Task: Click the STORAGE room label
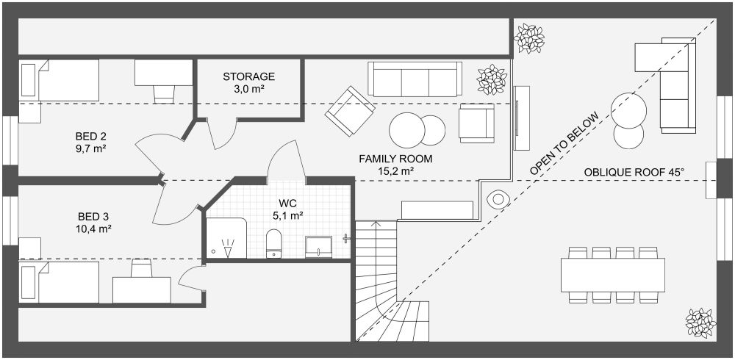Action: tap(248, 76)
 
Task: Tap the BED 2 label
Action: tap(91, 137)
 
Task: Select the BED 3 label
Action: tap(93, 217)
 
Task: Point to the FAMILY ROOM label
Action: tap(395, 159)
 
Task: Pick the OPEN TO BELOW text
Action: tap(564, 144)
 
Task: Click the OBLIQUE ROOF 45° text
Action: tap(634, 173)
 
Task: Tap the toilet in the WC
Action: tap(273, 244)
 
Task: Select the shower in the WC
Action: tap(226, 237)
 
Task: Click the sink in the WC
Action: tap(319, 247)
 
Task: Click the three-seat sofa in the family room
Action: tap(415, 79)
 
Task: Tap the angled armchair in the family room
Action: tap(350, 112)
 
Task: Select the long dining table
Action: tap(613, 276)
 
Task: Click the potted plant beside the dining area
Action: tap(700, 323)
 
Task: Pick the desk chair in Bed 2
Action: tap(164, 94)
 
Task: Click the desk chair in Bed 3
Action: tap(142, 267)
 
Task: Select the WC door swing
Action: tap(284, 159)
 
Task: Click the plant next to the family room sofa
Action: tap(492, 79)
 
